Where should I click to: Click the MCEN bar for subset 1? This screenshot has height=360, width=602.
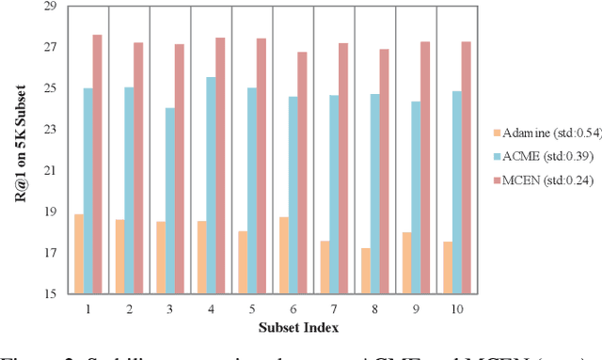click(x=97, y=164)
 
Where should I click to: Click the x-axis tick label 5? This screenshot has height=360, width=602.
click(x=252, y=308)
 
